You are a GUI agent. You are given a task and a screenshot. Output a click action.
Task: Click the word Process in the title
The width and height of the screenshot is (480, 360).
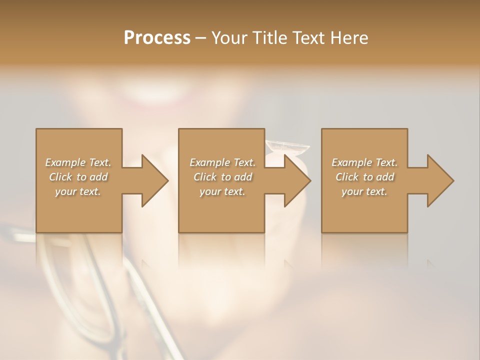(x=157, y=38)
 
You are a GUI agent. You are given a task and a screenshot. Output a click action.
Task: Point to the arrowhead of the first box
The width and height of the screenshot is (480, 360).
(x=153, y=180)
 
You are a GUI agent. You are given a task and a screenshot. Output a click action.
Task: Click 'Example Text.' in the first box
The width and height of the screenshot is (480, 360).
(x=78, y=162)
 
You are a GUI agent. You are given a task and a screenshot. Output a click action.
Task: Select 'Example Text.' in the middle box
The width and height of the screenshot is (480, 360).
(x=222, y=162)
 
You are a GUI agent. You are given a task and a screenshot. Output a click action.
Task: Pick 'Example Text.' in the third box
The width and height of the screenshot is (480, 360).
(x=364, y=162)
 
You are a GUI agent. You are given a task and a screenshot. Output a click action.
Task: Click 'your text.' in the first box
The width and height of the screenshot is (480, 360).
(x=78, y=191)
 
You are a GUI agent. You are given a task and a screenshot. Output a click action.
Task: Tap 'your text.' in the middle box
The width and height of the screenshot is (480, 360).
(x=222, y=191)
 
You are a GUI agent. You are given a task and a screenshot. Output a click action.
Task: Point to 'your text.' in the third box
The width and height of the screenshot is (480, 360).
(x=364, y=191)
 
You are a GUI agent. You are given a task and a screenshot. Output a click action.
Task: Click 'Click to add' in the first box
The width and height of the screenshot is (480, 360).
(x=78, y=177)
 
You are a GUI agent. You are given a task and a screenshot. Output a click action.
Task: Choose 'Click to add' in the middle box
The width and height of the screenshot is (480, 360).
(x=222, y=177)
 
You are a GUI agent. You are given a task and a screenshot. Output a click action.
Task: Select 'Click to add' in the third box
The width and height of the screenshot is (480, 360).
(x=364, y=177)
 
